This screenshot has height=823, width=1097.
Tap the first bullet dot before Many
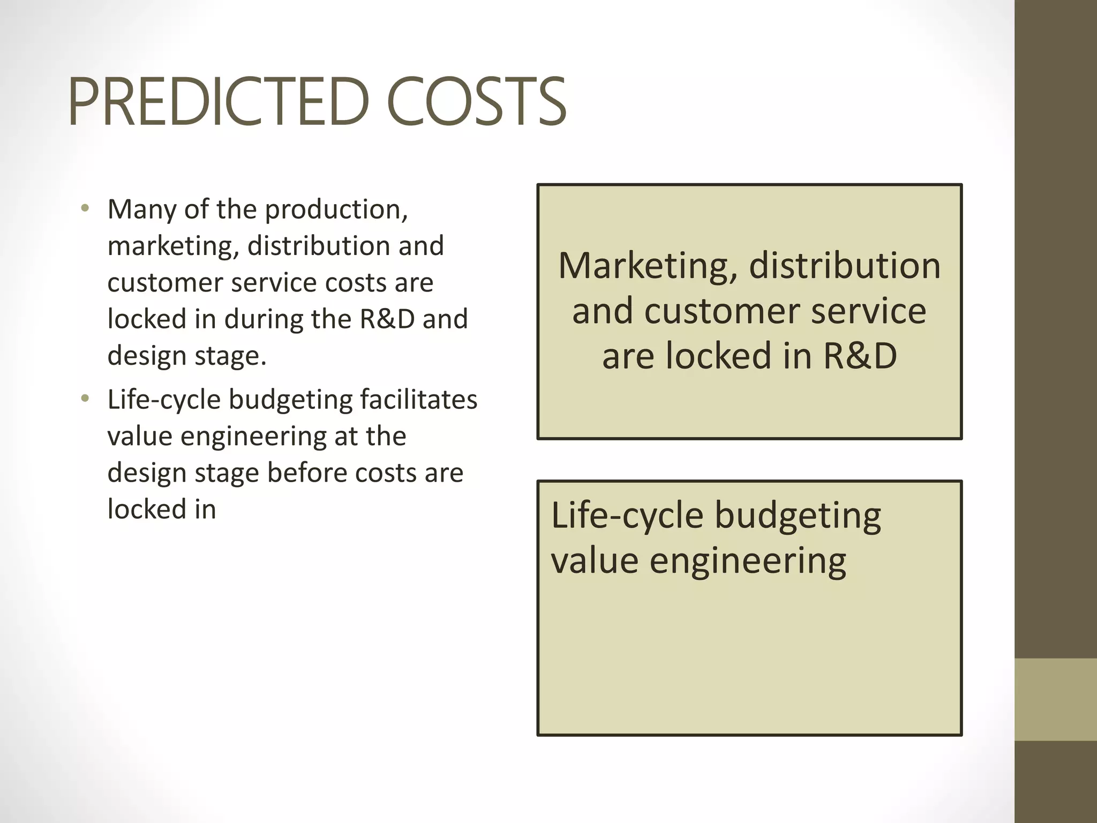click(x=85, y=208)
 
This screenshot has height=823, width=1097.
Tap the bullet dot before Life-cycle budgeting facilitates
click(x=85, y=399)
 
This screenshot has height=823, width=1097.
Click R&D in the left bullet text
click(x=387, y=319)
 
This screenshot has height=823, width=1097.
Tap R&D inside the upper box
click(x=859, y=356)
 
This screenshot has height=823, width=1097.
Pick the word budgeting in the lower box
click(x=798, y=517)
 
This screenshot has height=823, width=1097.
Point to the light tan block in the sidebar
click(x=1055, y=699)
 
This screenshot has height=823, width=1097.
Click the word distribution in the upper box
click(x=844, y=266)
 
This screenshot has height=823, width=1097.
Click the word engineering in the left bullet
click(x=253, y=437)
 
